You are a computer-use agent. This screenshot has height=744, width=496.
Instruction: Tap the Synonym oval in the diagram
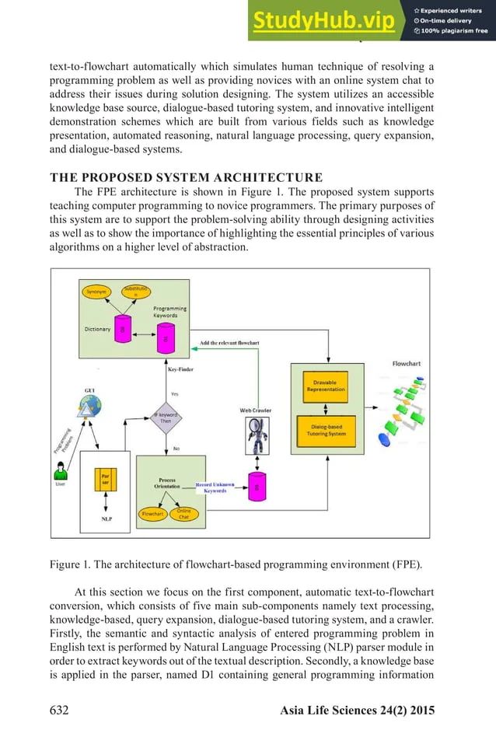[96, 292]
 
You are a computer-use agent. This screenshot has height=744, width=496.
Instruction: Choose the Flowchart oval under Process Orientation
[152, 514]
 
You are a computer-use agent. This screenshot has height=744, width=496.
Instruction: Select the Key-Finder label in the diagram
[180, 369]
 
